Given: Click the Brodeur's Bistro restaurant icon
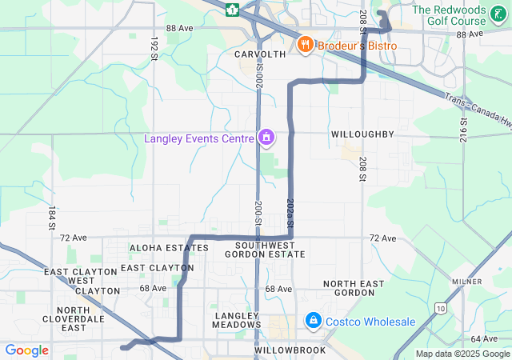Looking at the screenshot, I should [304, 45].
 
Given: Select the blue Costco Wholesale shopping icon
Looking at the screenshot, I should [313, 321].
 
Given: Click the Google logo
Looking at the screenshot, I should [26, 350].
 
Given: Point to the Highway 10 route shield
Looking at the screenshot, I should [440, 307].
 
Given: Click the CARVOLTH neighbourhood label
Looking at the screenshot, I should [260, 54].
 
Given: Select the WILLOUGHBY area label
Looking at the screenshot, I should [362, 134].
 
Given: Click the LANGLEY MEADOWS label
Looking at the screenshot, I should [237, 320].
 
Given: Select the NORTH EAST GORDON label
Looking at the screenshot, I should [354, 289].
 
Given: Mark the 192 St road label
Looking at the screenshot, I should [153, 47].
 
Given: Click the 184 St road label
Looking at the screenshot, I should [51, 218].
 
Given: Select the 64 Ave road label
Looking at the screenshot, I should [484, 339].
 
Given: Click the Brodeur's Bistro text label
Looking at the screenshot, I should [357, 46].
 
